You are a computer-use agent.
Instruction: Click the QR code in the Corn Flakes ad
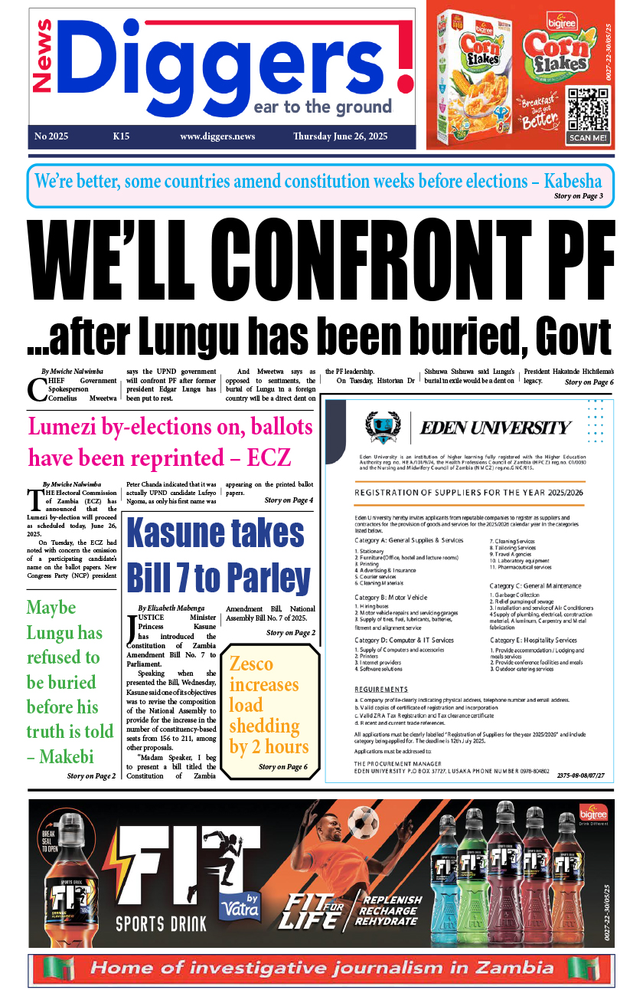(x=589, y=110)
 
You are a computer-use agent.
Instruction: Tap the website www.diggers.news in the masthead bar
(x=217, y=136)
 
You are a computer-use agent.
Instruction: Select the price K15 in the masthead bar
(x=121, y=136)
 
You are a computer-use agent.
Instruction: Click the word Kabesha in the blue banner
(x=573, y=182)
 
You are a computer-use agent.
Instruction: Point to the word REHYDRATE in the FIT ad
(x=391, y=922)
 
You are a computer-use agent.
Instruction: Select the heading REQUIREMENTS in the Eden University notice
(x=381, y=690)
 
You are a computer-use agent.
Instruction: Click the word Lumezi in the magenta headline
(x=66, y=427)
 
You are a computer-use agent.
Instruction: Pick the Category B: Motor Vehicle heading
(x=391, y=597)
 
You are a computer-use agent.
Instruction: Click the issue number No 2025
(x=51, y=136)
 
